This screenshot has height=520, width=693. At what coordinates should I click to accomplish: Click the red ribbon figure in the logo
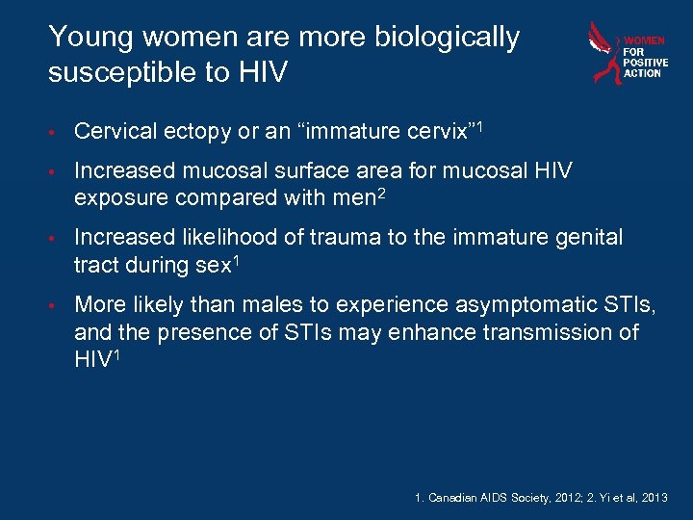(x=604, y=54)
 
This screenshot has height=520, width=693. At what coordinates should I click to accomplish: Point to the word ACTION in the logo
(x=643, y=73)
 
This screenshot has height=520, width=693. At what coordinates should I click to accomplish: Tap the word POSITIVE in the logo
(x=646, y=63)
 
